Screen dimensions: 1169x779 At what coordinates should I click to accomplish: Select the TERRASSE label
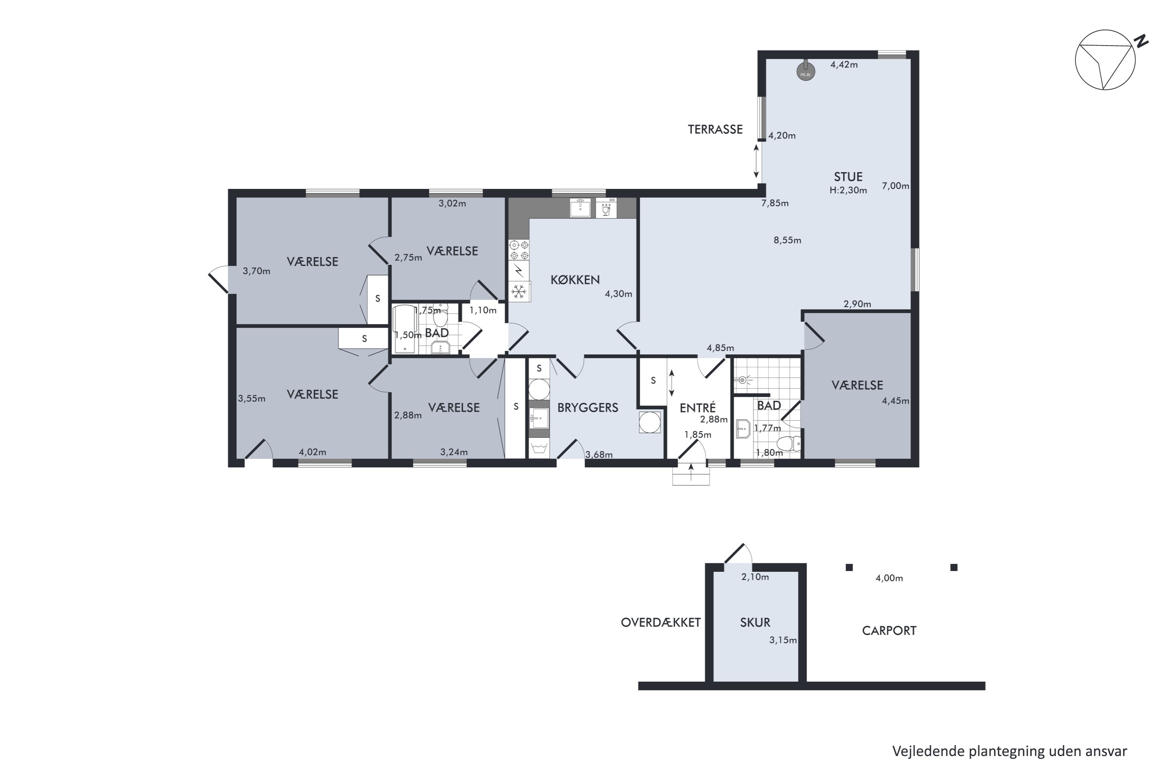(x=715, y=129)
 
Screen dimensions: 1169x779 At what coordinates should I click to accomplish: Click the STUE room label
(x=848, y=177)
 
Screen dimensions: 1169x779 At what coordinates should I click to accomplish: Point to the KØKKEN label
(x=575, y=280)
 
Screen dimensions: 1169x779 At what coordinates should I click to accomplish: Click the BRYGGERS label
(x=588, y=407)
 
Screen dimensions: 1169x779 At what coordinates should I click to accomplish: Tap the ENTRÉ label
(x=698, y=407)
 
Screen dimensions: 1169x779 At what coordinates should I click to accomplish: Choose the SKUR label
(x=755, y=622)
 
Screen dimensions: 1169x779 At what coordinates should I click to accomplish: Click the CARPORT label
(x=889, y=631)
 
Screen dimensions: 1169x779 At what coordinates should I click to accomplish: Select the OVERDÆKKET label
(x=660, y=622)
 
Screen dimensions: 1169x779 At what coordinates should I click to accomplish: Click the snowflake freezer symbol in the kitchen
(x=518, y=291)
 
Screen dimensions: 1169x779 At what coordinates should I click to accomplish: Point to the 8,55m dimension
(x=787, y=240)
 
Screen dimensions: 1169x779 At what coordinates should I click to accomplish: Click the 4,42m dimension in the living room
(x=844, y=65)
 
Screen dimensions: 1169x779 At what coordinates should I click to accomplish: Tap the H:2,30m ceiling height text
(x=848, y=190)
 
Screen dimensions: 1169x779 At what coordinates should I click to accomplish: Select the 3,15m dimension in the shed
(x=783, y=640)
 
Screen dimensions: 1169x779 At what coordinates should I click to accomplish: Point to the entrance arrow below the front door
(x=691, y=472)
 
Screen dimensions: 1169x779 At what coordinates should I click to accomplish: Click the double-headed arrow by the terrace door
(x=756, y=161)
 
